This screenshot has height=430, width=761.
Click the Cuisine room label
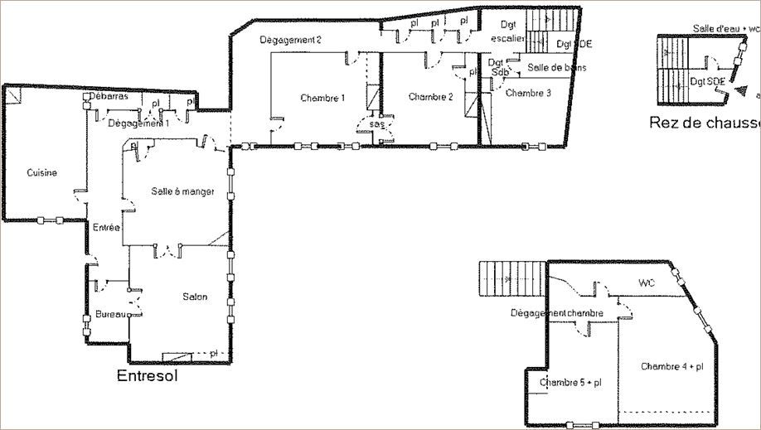(x=41, y=173)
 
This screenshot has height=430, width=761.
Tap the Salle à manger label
(x=183, y=191)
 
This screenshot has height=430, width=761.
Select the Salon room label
(x=195, y=297)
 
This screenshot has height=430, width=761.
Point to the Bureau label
(x=109, y=315)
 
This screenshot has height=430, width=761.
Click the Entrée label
(x=106, y=228)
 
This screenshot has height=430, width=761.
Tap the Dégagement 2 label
(x=290, y=40)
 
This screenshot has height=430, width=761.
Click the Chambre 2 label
(x=431, y=97)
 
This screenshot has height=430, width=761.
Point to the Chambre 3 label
(x=528, y=93)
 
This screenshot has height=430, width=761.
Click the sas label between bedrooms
(x=377, y=123)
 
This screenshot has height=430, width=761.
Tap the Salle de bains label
(x=556, y=67)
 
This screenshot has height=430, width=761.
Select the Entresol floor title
(x=148, y=375)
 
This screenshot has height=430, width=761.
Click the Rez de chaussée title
(x=705, y=123)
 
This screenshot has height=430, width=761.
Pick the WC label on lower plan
(x=647, y=283)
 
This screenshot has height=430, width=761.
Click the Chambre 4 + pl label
(x=671, y=366)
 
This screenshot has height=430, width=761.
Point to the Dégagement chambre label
(x=556, y=313)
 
